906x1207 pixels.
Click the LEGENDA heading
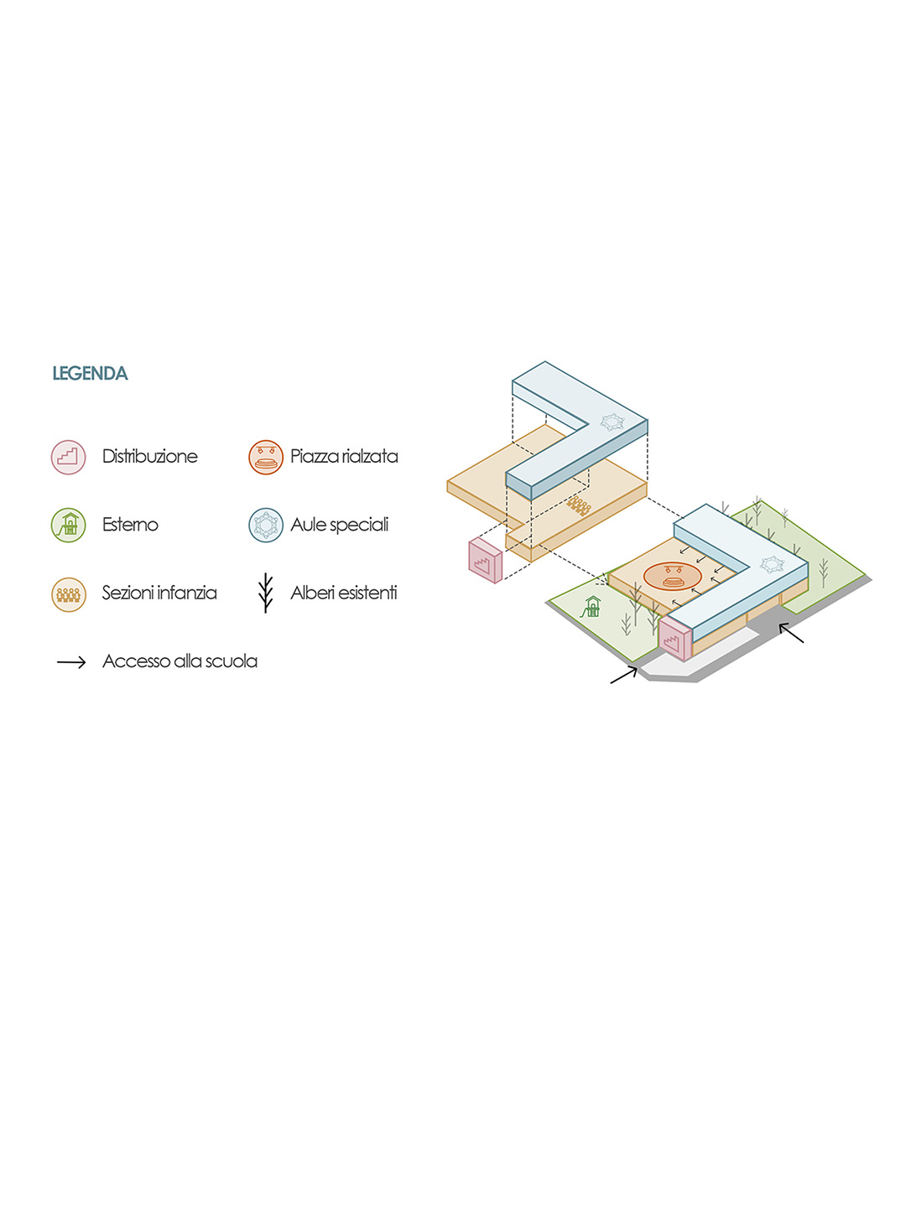(x=90, y=374)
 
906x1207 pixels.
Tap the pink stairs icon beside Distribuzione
(x=68, y=457)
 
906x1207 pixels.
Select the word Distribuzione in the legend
(x=149, y=457)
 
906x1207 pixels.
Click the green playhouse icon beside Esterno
(x=68, y=526)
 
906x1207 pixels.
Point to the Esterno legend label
(x=130, y=525)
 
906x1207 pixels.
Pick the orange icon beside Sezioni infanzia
(x=68, y=594)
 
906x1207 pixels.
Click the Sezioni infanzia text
(x=159, y=593)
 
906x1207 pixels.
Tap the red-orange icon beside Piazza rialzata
(x=265, y=457)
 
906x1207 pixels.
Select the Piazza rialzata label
(x=344, y=457)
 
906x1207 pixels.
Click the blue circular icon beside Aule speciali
(x=265, y=526)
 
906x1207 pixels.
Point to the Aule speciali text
(x=340, y=525)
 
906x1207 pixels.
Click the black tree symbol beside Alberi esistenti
(x=265, y=593)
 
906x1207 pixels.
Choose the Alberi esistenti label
(x=344, y=593)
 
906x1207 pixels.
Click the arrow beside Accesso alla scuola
(x=71, y=662)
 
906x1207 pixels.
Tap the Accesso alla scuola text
(x=180, y=661)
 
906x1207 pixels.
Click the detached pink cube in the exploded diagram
(x=485, y=560)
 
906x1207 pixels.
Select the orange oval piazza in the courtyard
(x=672, y=576)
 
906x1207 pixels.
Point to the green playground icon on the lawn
(x=592, y=607)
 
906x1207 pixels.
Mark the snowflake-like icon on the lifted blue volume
(x=612, y=422)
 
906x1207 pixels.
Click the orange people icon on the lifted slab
(x=578, y=505)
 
